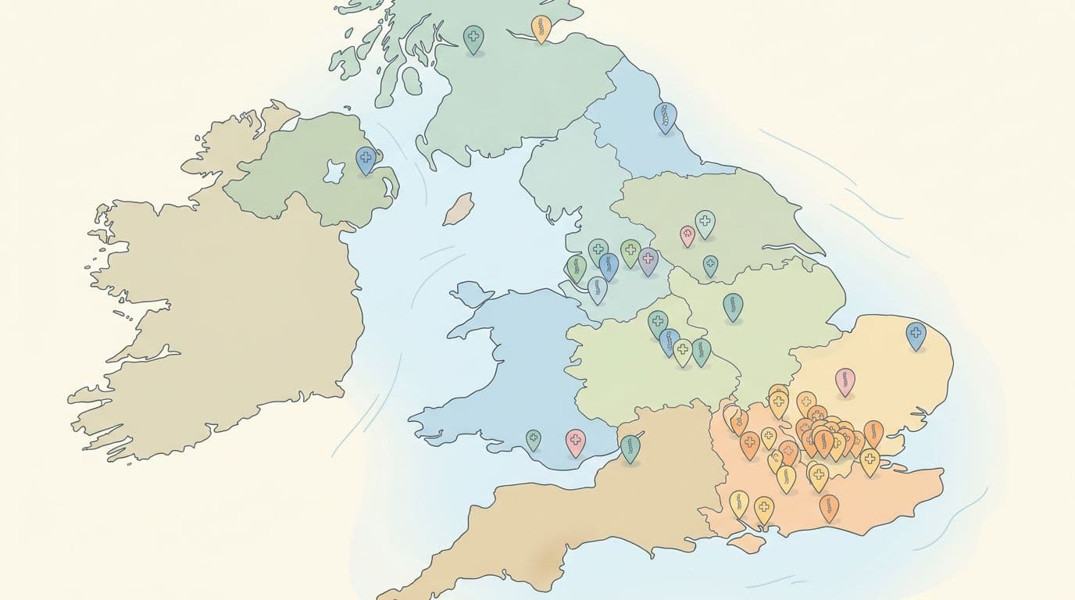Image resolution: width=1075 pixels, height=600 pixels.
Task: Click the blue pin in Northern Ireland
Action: coord(366,159)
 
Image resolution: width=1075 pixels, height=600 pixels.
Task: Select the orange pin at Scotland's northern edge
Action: coord(541,27)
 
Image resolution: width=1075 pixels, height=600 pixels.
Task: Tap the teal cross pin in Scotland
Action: coord(473,37)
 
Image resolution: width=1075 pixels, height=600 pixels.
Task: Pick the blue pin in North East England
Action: coord(665,117)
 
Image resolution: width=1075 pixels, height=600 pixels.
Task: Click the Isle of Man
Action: coord(458,209)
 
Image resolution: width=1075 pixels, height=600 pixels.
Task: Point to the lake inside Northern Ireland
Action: coord(335,170)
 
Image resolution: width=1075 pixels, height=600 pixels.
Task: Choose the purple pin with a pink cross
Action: coord(648,260)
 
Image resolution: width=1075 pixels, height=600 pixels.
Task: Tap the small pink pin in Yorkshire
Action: coord(687,234)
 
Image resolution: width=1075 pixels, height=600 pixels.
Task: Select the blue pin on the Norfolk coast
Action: coord(915,334)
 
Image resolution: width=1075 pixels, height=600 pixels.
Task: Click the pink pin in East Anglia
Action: coord(845,381)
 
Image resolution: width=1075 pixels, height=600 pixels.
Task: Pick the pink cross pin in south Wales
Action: coord(575,441)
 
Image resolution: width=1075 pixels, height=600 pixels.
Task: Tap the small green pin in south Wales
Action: coord(533,439)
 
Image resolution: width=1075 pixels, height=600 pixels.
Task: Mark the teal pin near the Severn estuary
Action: coord(630,448)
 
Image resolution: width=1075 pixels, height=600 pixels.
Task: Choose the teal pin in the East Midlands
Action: coord(732,306)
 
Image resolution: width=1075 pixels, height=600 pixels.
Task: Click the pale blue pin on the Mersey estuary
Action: coord(598,289)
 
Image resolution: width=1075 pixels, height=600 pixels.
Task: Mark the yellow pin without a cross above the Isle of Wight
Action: coord(738,502)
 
